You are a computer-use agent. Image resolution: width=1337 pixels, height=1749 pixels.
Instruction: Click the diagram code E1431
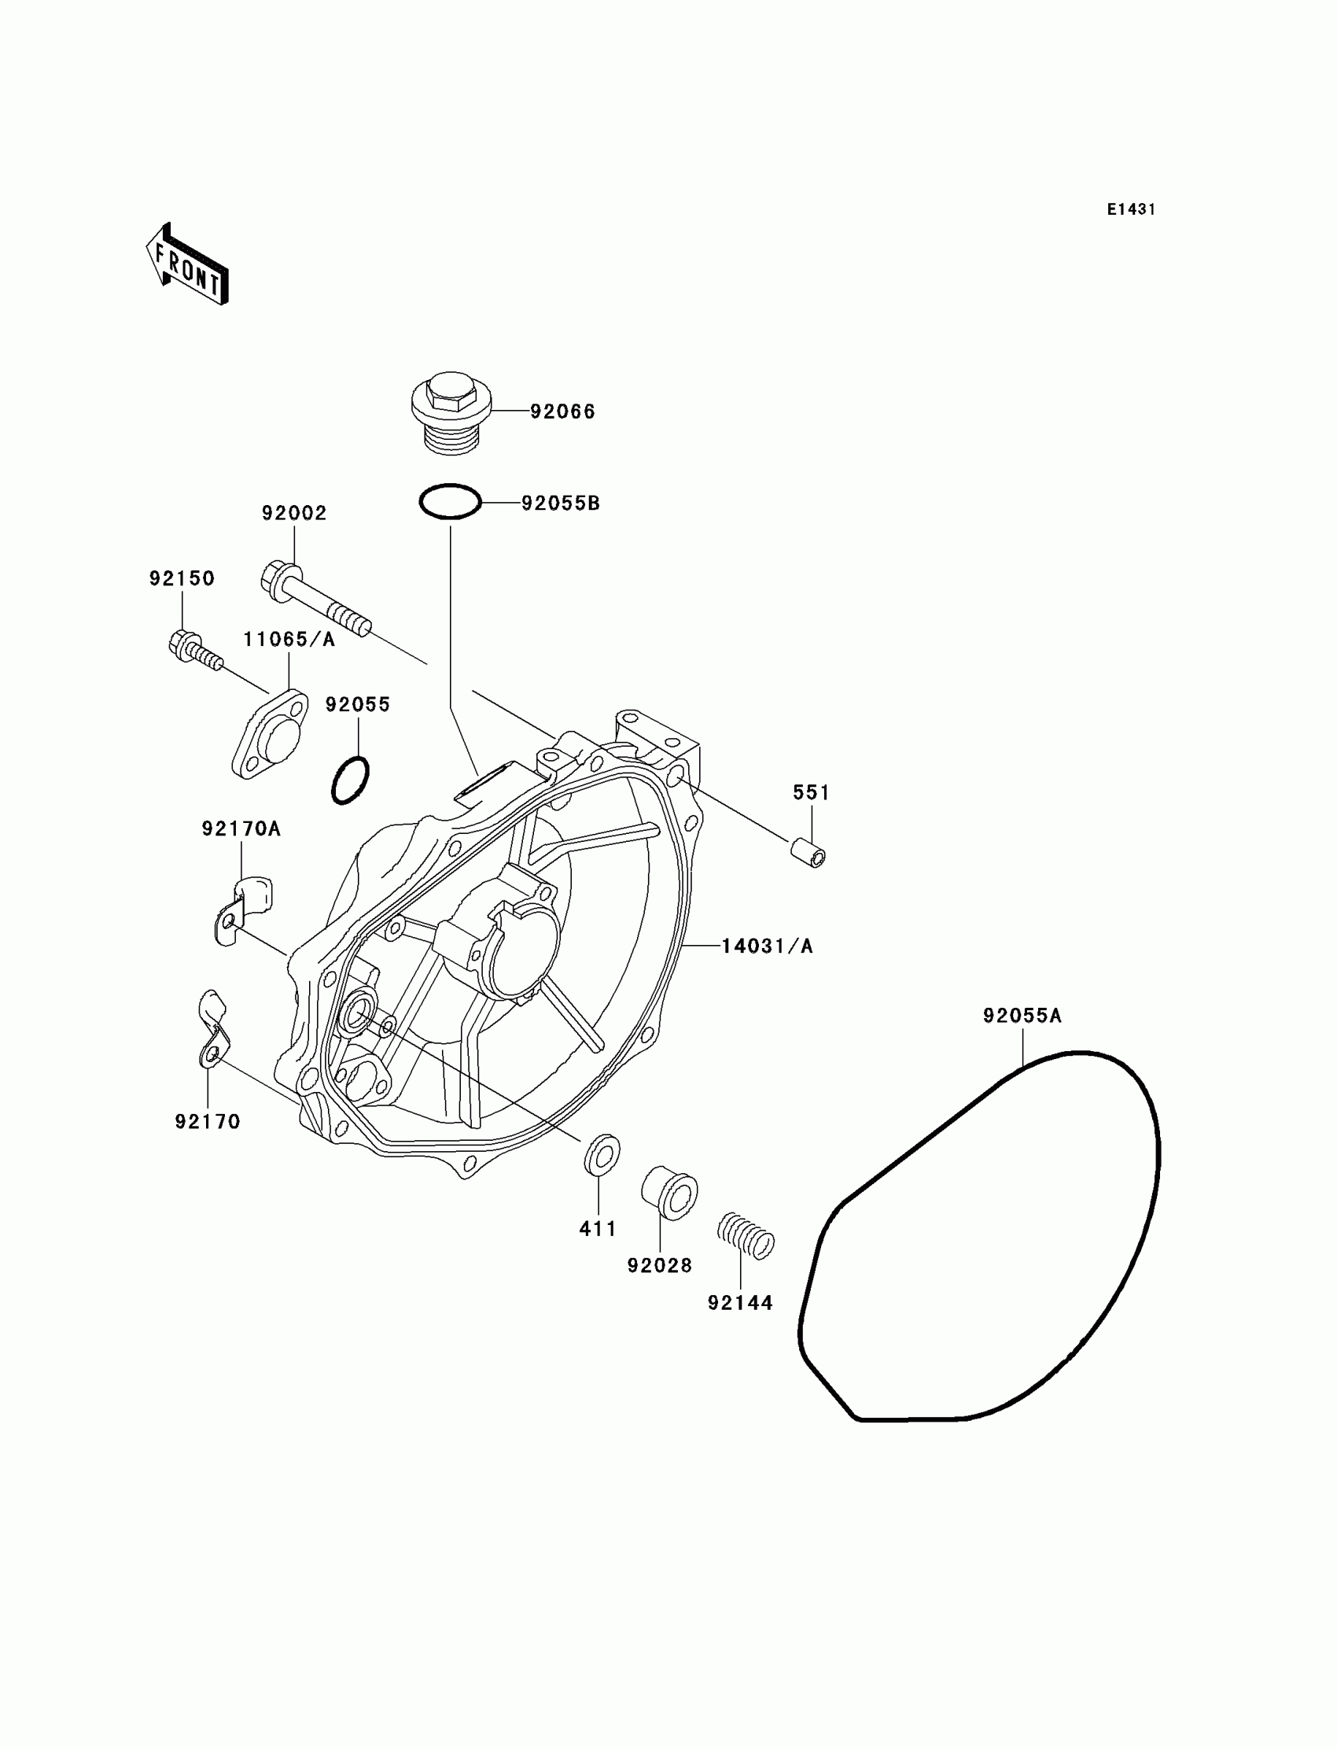[x=1131, y=209]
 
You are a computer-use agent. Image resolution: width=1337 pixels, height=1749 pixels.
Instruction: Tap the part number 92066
[x=562, y=411]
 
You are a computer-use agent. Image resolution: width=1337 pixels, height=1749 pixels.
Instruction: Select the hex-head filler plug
[x=451, y=411]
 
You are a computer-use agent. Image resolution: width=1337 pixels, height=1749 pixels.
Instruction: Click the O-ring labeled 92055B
[x=451, y=502]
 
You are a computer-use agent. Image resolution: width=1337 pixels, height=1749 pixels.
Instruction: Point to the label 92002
[x=294, y=514]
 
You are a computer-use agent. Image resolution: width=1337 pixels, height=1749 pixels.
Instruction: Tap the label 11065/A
[x=289, y=640]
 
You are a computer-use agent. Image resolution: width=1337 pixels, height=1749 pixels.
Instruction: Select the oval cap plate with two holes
[x=270, y=734]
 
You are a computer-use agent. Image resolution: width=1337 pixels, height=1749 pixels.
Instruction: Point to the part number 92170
[x=208, y=1122]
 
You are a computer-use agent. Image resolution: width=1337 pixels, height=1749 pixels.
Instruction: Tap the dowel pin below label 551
[x=808, y=853]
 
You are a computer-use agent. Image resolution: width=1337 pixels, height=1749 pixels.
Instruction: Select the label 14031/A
[x=767, y=946]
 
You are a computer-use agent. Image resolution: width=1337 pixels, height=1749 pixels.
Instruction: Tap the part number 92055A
[x=1022, y=1016]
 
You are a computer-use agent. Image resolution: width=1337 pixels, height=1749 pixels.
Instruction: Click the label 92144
[x=740, y=1303]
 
